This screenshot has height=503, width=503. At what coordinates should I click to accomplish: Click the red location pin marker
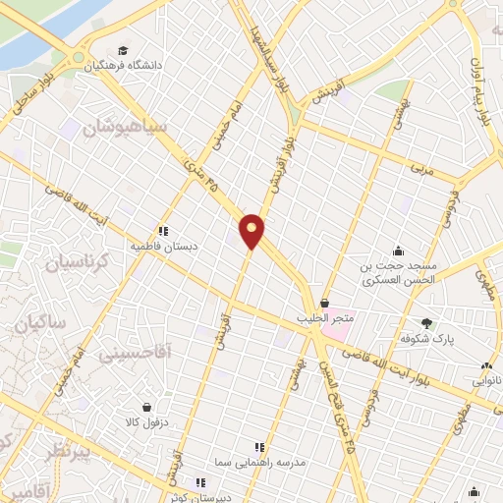click(x=252, y=231)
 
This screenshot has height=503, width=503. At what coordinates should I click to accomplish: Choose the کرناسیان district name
click(x=66, y=263)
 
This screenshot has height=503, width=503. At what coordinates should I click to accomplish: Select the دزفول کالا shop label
click(x=145, y=423)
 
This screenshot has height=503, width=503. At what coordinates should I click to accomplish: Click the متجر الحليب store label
click(x=325, y=319)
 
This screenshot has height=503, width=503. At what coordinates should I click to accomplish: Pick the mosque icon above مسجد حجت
click(x=397, y=251)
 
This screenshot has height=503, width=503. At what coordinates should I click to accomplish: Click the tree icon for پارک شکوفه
click(x=426, y=322)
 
